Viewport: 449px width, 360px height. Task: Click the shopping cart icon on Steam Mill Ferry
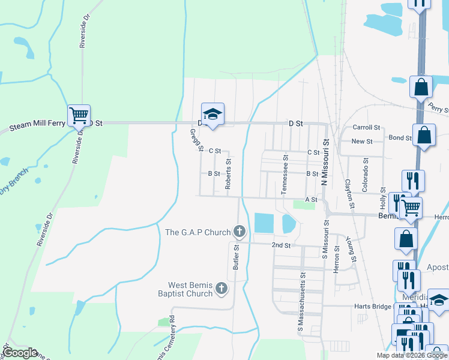click(x=79, y=114)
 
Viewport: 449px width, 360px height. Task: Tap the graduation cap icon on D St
click(x=211, y=113)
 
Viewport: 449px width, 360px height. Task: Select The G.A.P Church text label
click(x=197, y=232)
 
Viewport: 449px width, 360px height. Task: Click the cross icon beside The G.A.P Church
click(x=239, y=231)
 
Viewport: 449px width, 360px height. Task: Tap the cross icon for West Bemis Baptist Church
click(x=221, y=289)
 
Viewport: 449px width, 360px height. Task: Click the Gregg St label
click(x=193, y=140)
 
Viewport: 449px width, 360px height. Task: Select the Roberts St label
click(x=228, y=174)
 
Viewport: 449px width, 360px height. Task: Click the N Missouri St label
click(x=327, y=163)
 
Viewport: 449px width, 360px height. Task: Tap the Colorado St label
click(x=364, y=175)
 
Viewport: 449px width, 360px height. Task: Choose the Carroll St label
click(x=367, y=127)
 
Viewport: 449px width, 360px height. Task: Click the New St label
click(x=362, y=141)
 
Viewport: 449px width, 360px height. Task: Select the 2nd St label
click(x=281, y=245)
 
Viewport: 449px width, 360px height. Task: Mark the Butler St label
click(x=237, y=256)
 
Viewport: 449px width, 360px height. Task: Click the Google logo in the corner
click(x=20, y=353)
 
